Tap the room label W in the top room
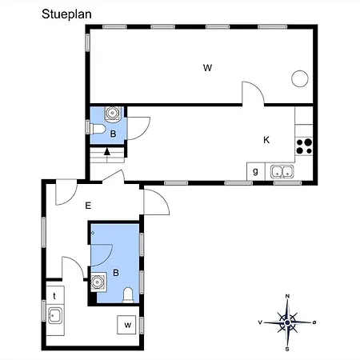point(207,67)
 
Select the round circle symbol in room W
point(300,78)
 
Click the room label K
point(267,140)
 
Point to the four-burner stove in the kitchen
point(304,146)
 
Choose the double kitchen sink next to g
point(281,170)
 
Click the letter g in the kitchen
point(255,170)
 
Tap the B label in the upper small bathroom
point(114,134)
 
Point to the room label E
point(88,206)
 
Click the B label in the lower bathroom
point(116,273)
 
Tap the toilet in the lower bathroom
point(130,297)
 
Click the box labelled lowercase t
point(54,295)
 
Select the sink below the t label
point(55,316)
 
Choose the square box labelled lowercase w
point(126,324)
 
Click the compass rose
point(288,322)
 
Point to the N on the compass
point(288,297)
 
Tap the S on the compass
point(288,348)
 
